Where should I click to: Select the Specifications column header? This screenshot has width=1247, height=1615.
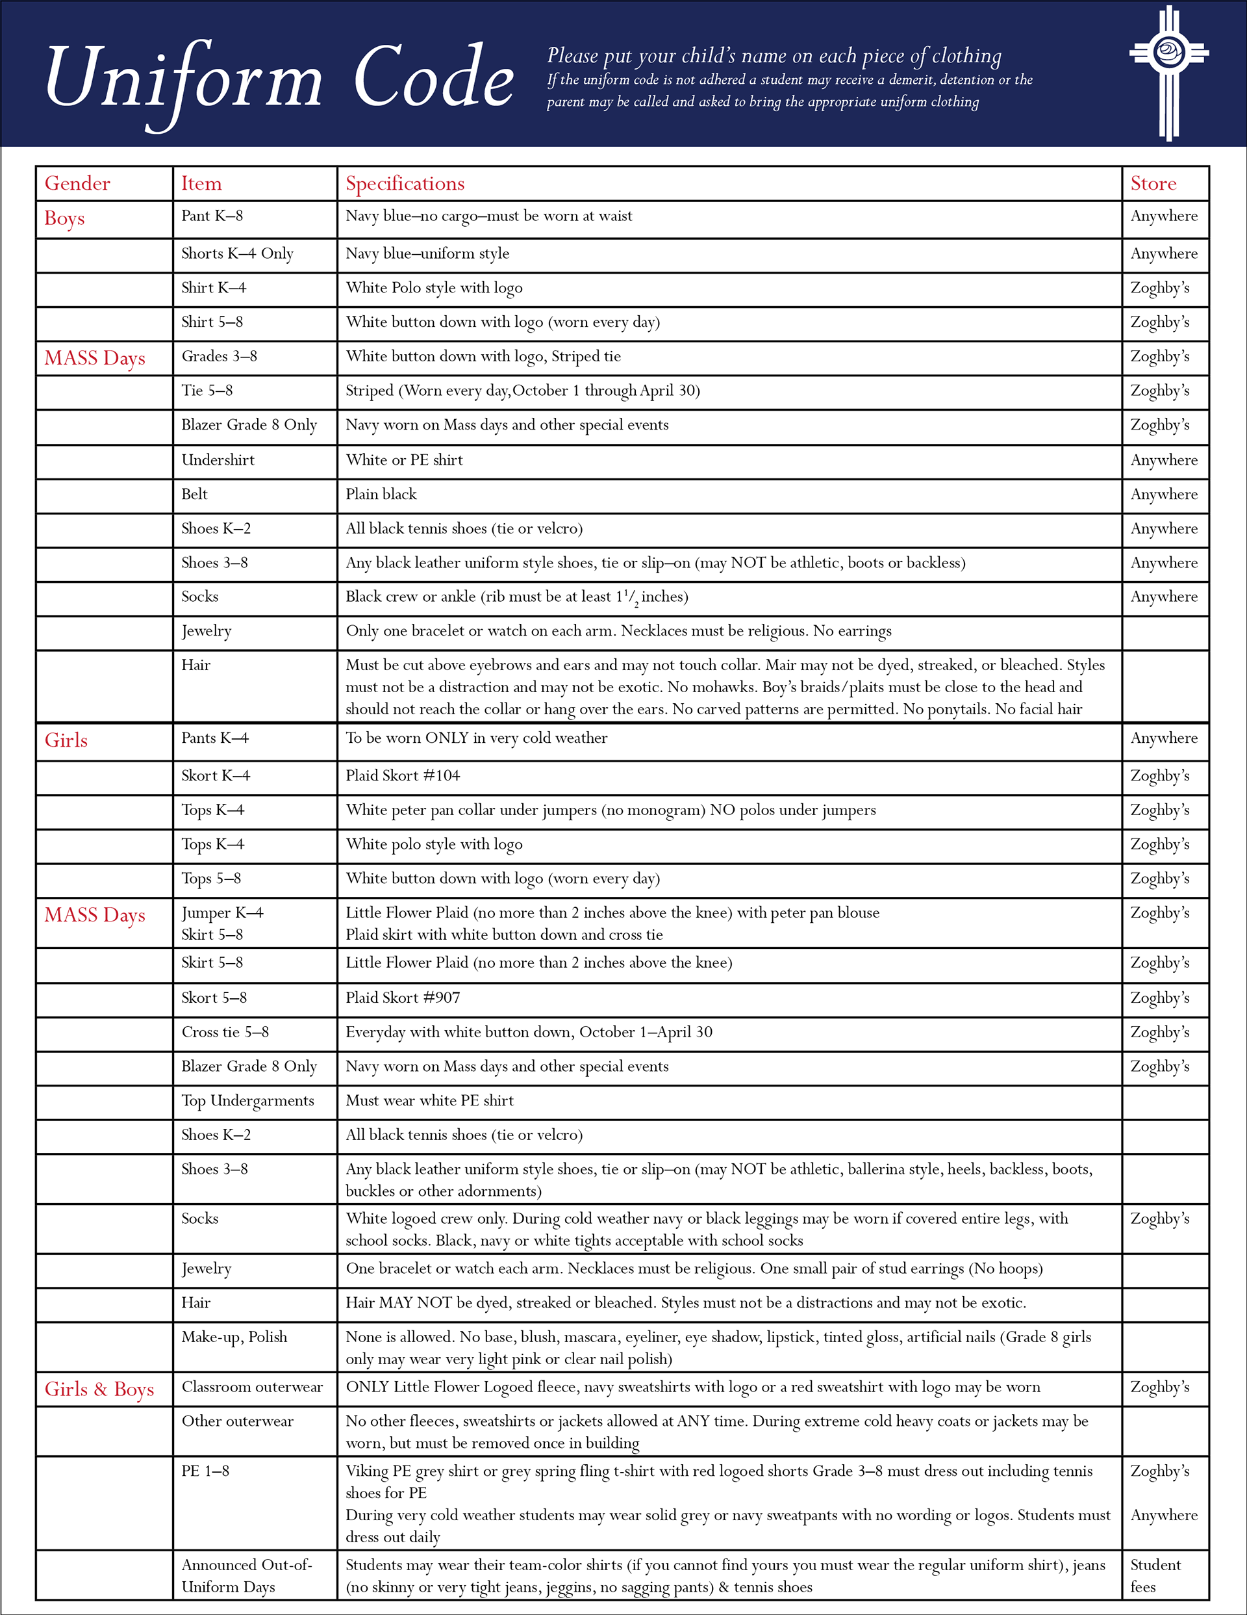405,183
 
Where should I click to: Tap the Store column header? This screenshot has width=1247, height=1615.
1152,183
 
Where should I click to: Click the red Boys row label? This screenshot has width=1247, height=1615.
64,219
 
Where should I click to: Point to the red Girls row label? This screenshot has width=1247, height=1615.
66,740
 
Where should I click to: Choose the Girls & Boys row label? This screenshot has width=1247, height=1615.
99,1389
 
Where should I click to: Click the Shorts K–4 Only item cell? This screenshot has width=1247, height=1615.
237,253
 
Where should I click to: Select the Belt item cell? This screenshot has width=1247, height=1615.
194,494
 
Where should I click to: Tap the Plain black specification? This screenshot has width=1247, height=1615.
381,494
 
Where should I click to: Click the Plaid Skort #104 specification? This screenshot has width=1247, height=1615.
402,776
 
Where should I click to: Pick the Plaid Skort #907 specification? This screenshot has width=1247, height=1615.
402,998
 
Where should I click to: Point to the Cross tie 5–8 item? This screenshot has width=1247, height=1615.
225,1031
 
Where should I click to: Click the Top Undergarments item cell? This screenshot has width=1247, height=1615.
247,1100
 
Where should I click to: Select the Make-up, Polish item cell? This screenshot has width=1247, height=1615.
234,1337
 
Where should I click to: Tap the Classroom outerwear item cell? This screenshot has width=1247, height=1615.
252,1388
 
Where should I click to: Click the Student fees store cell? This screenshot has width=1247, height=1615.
1155,1575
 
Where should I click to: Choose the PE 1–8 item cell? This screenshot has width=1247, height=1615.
205,1471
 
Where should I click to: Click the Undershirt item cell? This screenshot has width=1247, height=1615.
218,460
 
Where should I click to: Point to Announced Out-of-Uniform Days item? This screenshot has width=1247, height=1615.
246,1575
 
